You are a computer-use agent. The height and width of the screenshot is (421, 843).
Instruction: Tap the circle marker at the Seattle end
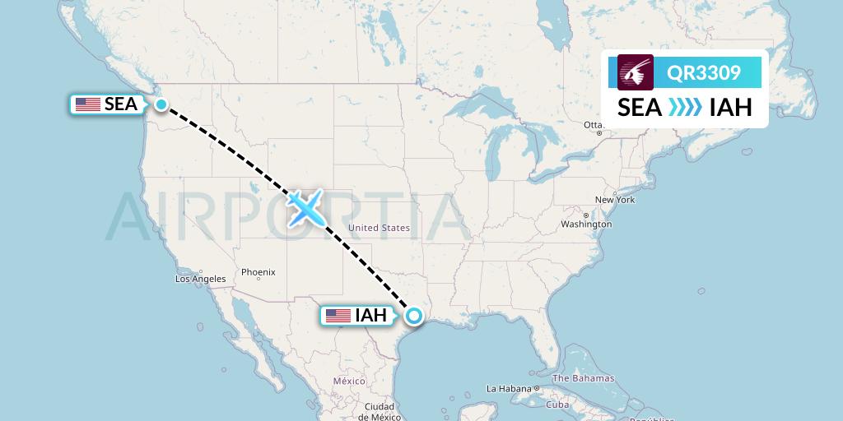tap(161, 104)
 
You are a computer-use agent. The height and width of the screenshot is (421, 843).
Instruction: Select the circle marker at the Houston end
tap(413, 315)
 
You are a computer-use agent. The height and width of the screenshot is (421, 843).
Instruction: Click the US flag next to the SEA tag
tap(87, 104)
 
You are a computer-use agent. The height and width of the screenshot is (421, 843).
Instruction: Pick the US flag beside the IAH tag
tap(338, 315)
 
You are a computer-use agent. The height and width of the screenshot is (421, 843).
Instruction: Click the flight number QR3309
tap(703, 72)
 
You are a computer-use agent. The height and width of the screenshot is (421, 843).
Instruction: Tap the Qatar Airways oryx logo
tap(636, 72)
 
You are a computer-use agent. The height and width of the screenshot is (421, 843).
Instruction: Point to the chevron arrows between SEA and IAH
tap(685, 107)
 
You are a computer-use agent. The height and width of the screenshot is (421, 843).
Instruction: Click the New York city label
tap(615, 200)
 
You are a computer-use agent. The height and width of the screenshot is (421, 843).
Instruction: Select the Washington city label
tap(586, 224)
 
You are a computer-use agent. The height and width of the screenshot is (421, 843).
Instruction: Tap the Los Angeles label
tap(200, 279)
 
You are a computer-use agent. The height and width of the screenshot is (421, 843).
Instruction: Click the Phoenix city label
tap(258, 272)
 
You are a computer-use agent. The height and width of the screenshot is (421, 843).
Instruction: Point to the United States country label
tap(379, 228)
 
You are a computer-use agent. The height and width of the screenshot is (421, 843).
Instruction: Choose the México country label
tap(349, 382)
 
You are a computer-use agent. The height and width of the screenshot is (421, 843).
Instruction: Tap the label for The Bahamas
tap(583, 378)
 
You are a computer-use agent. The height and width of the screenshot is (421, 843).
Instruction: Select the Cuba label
tap(558, 405)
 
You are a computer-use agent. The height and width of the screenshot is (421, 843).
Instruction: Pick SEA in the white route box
tap(640, 107)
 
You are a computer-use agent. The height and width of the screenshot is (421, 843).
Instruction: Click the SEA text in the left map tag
tap(121, 104)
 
